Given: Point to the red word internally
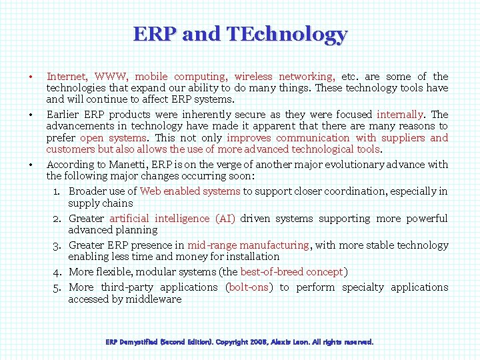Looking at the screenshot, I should click(x=400, y=115).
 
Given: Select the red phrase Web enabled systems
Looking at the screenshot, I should click(x=190, y=191).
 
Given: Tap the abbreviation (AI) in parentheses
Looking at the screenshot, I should click(x=224, y=219).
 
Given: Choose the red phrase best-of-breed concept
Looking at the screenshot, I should click(x=291, y=272).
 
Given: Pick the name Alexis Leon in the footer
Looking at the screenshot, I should click(x=290, y=342).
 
